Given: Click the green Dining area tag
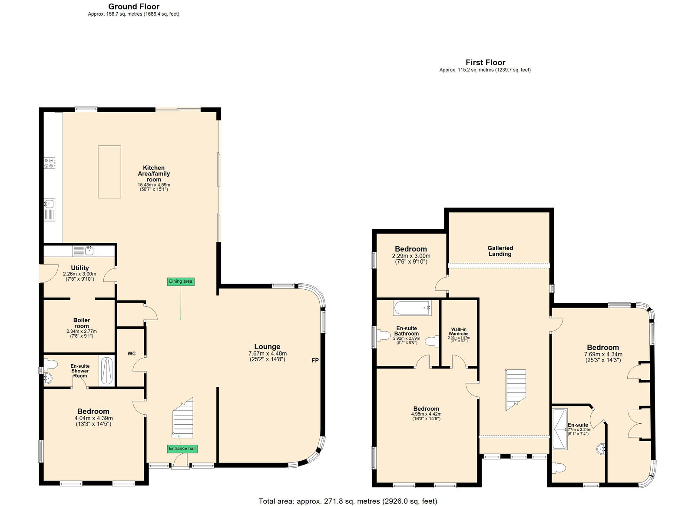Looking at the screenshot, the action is pyautogui.click(x=181, y=281).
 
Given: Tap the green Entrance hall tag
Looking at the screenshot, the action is pyautogui.click(x=182, y=449).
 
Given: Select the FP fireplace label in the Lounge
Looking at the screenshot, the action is pyautogui.click(x=315, y=361).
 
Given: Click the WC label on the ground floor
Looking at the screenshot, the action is pyautogui.click(x=132, y=354).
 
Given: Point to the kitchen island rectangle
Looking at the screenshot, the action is pyautogui.click(x=109, y=172).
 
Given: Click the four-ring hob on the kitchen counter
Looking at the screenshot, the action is pyautogui.click(x=50, y=163).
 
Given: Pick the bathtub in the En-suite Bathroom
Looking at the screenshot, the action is pyautogui.click(x=412, y=308).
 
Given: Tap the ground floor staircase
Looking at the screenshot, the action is pyautogui.click(x=183, y=418).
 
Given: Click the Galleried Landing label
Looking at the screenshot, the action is pyautogui.click(x=500, y=251).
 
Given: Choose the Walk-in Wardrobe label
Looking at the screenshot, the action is pyautogui.click(x=459, y=332).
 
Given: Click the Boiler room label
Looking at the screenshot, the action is pyautogui.click(x=82, y=323).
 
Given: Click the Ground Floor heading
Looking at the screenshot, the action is pyautogui.click(x=134, y=7).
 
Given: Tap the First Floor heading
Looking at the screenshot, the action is pyautogui.click(x=485, y=63).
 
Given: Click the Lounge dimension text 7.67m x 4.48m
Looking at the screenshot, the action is pyautogui.click(x=268, y=353).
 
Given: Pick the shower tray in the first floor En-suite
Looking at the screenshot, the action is pyautogui.click(x=560, y=429).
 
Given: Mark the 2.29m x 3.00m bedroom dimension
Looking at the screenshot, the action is pyautogui.click(x=411, y=256).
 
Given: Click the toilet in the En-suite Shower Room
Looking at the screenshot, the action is pyautogui.click(x=50, y=364).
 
